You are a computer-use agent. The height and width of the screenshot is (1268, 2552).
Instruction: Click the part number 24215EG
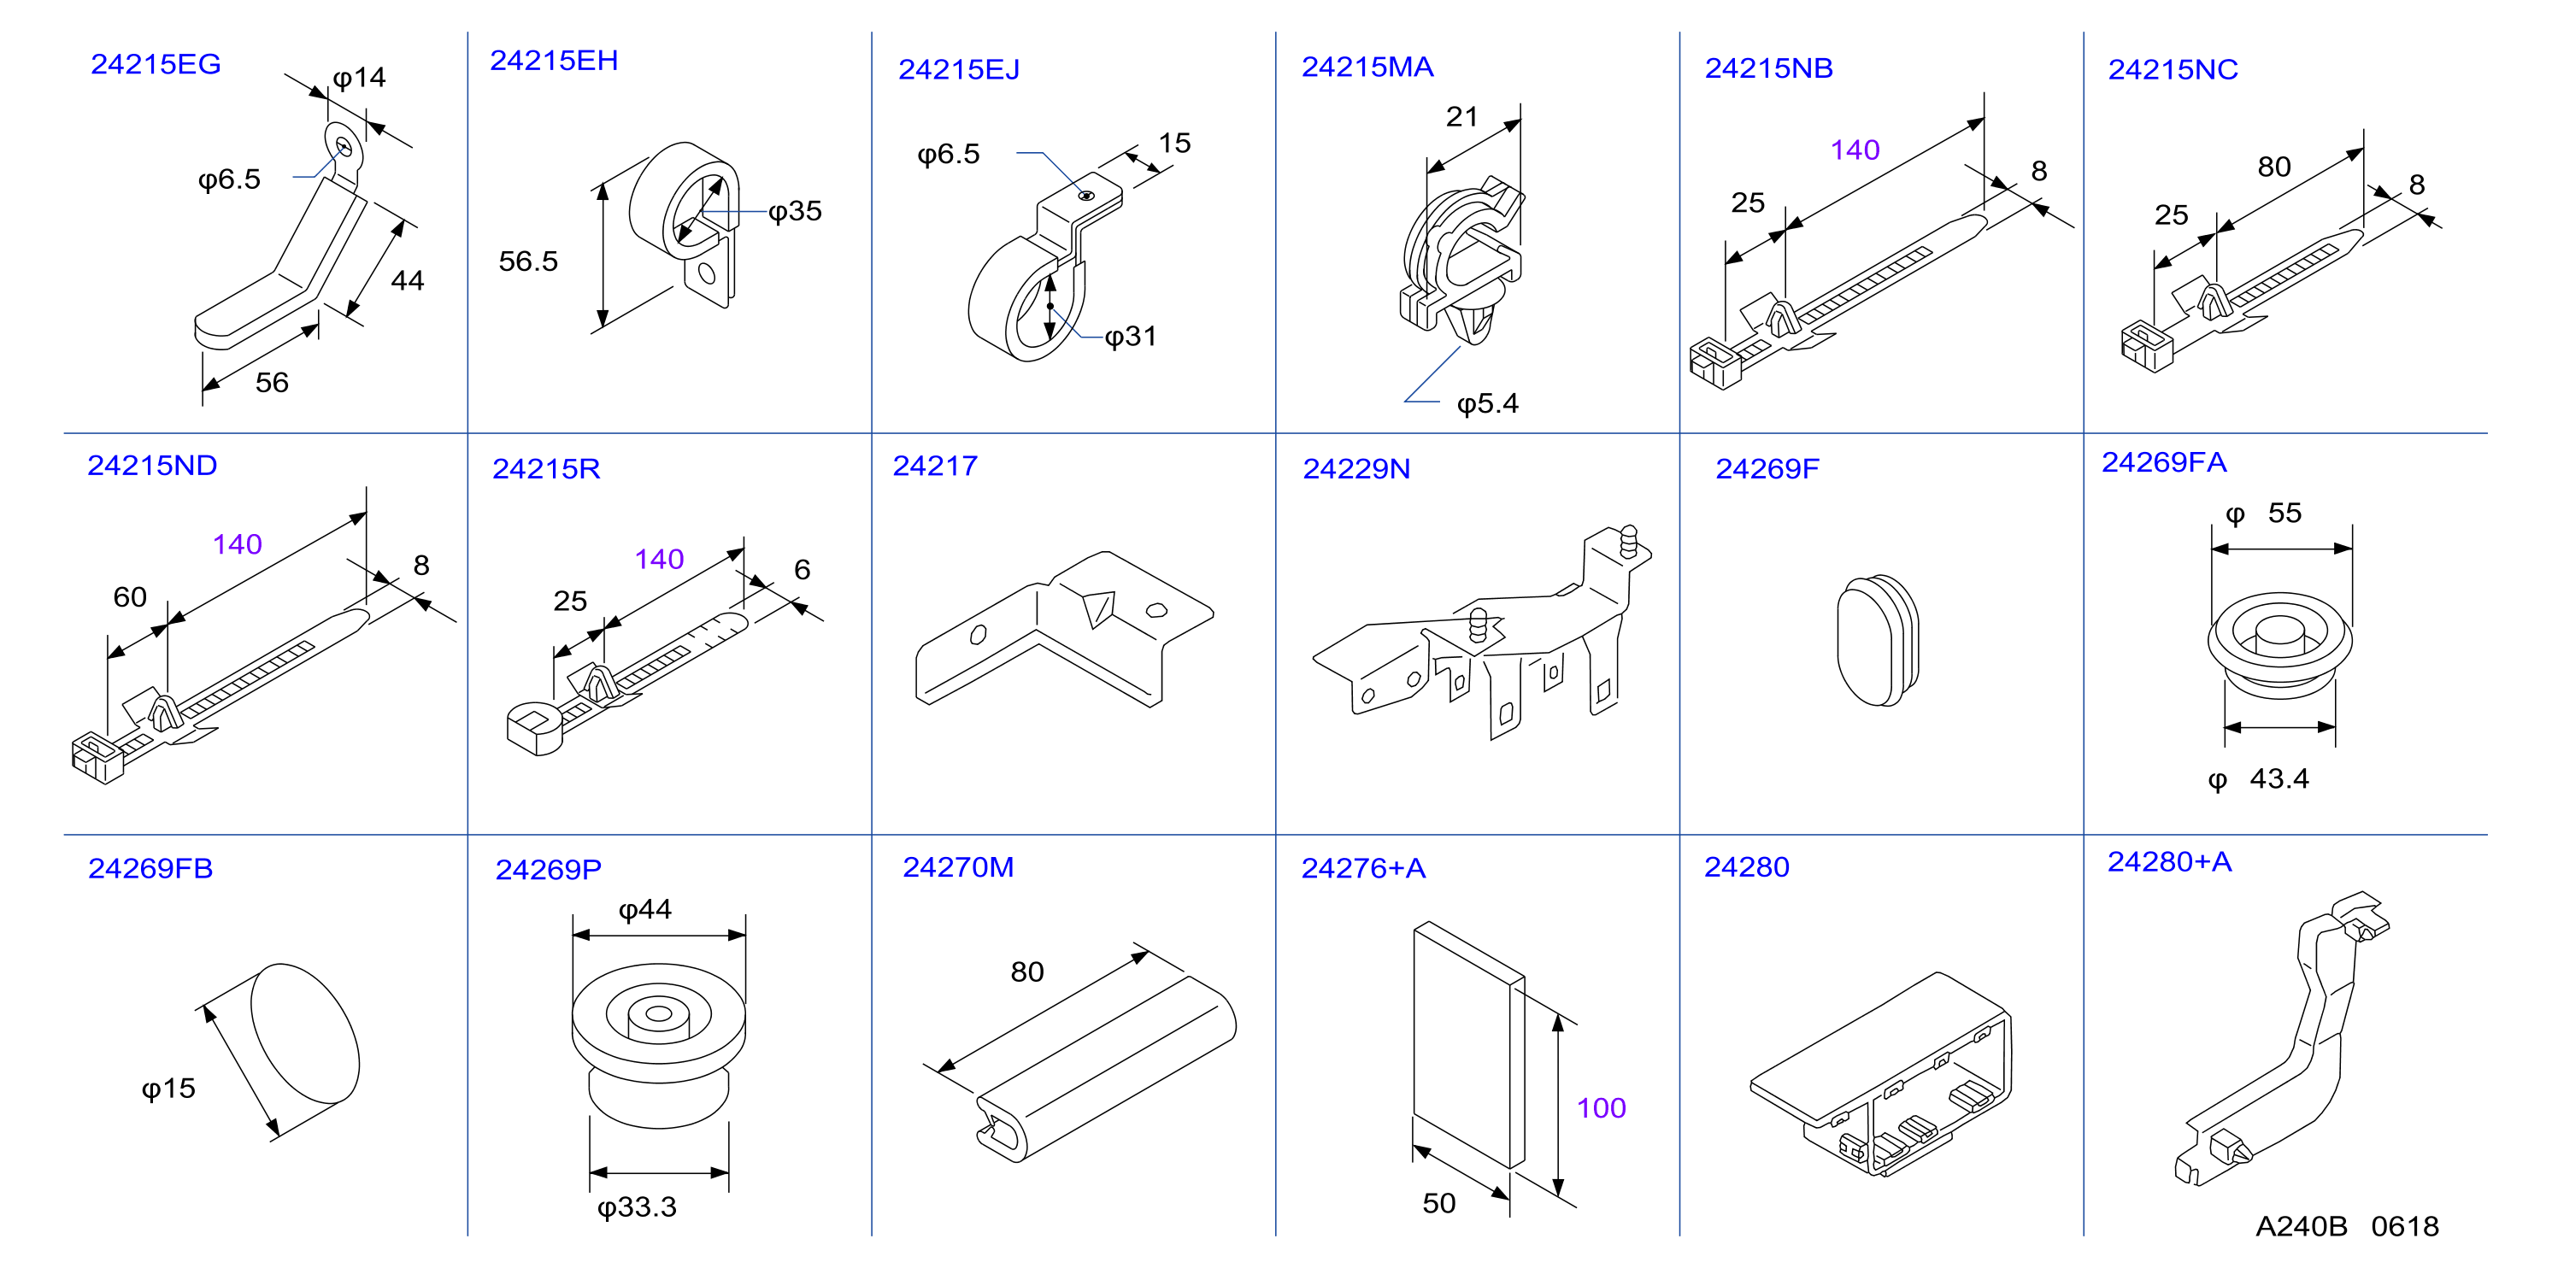click(x=156, y=64)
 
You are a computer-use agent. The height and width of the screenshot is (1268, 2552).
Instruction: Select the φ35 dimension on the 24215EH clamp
click(x=795, y=211)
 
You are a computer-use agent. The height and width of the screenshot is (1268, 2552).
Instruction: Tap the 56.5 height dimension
click(x=528, y=261)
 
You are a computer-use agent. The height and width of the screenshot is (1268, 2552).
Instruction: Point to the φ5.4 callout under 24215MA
click(x=1487, y=404)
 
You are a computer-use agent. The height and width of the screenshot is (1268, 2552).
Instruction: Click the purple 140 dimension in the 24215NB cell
click(x=1855, y=150)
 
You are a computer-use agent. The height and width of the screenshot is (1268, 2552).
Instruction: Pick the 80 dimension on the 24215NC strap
click(x=2273, y=167)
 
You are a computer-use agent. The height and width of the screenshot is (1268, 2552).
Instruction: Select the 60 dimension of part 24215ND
click(x=130, y=597)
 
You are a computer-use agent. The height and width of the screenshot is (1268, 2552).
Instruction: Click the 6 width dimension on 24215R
click(x=803, y=570)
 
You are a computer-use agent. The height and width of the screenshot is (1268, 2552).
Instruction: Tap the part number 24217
click(x=935, y=466)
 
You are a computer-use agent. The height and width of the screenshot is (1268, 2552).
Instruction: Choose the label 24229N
click(x=1356, y=468)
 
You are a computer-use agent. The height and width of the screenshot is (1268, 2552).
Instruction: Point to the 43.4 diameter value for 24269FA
click(x=2279, y=778)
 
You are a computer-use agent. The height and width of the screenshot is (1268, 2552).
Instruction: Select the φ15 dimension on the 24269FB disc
click(x=168, y=1089)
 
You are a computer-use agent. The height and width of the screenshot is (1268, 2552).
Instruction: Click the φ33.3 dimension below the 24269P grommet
click(x=637, y=1207)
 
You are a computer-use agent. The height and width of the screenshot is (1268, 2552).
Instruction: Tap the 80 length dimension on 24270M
click(x=1027, y=972)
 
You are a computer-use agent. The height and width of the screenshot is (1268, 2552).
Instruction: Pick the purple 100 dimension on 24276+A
click(x=1601, y=1108)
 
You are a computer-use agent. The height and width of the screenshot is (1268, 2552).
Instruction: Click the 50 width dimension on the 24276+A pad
click(x=1438, y=1204)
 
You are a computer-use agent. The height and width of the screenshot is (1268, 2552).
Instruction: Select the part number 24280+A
click(x=2170, y=862)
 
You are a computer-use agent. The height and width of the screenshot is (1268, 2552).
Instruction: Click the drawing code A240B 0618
click(x=2347, y=1226)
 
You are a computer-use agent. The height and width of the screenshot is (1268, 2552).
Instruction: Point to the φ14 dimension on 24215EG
click(x=359, y=79)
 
